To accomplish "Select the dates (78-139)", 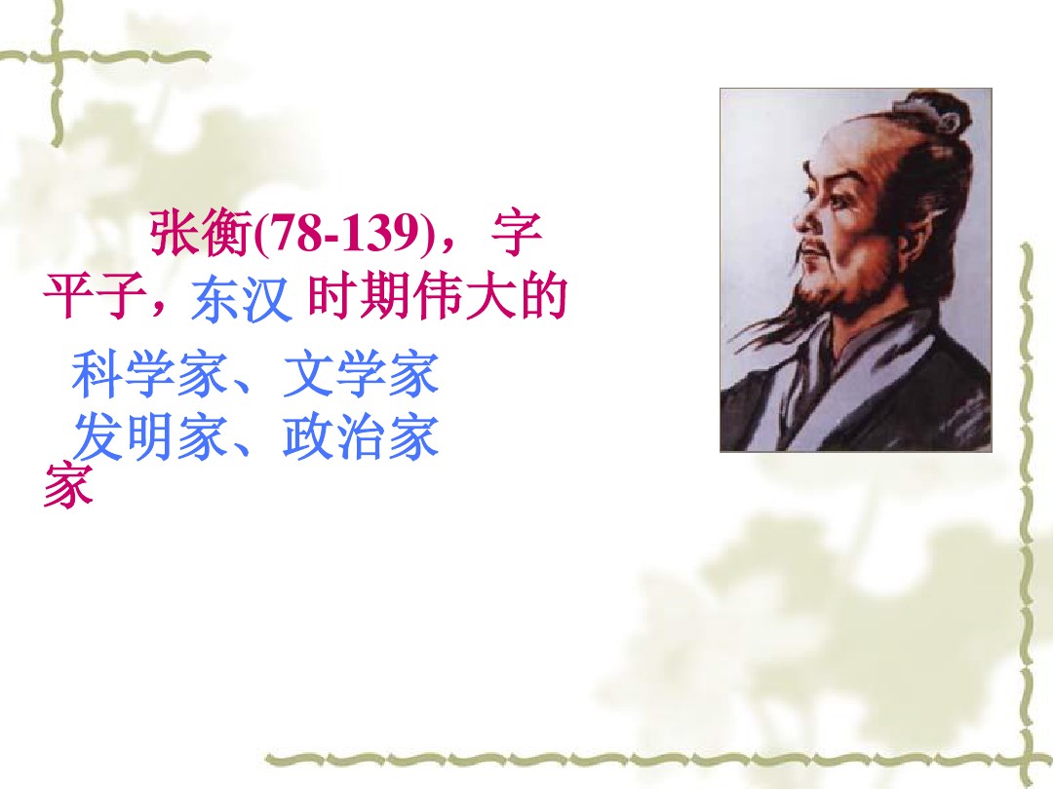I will tap(345, 234).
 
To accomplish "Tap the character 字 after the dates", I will tap(518, 234).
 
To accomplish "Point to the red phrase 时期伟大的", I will tap(436, 298).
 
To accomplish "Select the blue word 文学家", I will tap(361, 377).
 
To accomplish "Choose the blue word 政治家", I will tap(361, 440).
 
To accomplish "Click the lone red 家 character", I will tap(68, 484).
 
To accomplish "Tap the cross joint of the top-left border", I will tap(58, 56).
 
